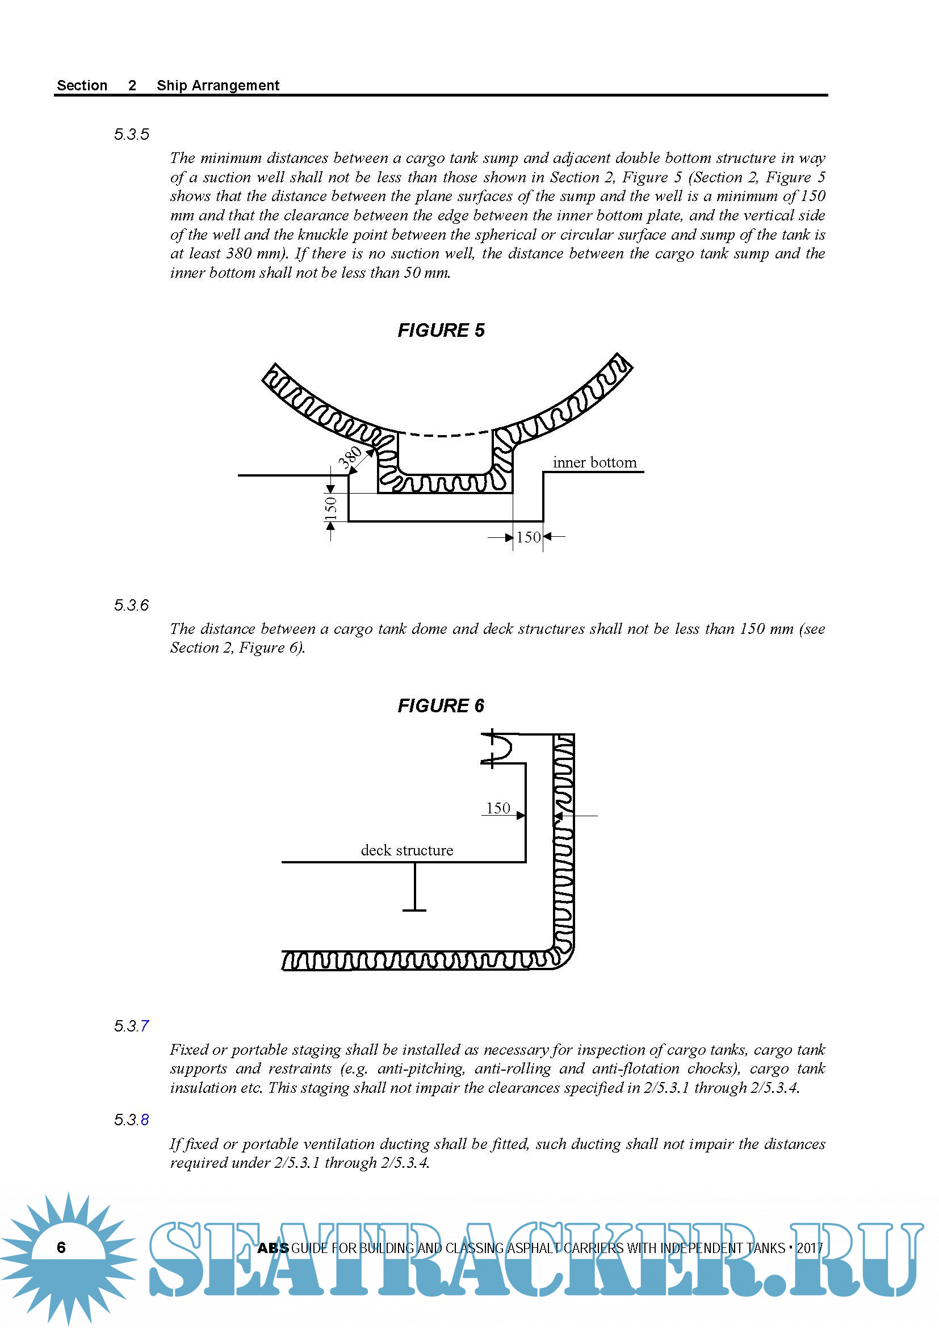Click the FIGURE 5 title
[x=441, y=330]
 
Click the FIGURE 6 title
[x=441, y=705]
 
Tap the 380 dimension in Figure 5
[x=350, y=457]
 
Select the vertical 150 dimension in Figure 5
[x=331, y=507]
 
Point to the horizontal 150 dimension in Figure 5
[x=528, y=537]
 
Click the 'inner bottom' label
[x=594, y=463]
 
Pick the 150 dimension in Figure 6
[x=498, y=808]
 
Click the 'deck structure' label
[x=406, y=850]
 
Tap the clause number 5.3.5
[x=131, y=135]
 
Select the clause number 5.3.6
[x=131, y=605]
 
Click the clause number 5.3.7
[x=131, y=1026]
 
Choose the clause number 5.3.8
[x=131, y=1120]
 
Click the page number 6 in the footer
[x=61, y=1247]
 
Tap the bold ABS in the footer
[x=273, y=1248]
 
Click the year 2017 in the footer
[x=810, y=1248]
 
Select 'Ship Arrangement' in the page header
[x=218, y=86]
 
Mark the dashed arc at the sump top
[x=445, y=435]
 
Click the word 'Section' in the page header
[x=82, y=86]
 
